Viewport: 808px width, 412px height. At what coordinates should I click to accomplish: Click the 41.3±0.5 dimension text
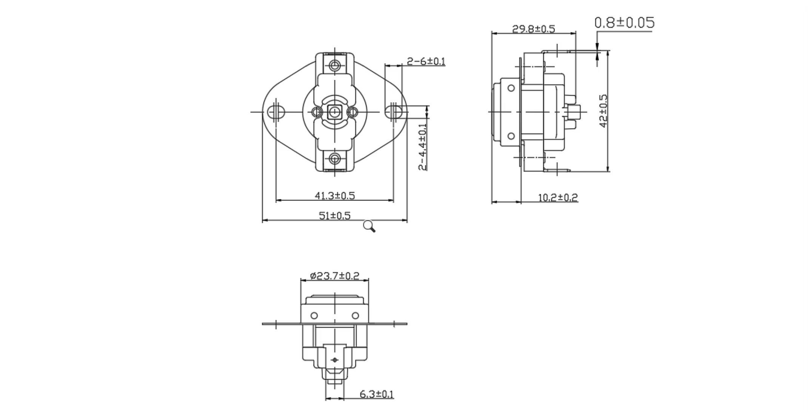(335, 195)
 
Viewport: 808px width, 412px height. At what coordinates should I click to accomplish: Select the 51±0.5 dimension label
(335, 215)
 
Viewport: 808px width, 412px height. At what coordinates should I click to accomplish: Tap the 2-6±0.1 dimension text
(426, 61)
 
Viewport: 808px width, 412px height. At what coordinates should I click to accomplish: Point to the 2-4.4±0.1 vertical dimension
(423, 147)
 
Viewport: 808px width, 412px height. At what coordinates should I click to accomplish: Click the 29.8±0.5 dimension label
(534, 29)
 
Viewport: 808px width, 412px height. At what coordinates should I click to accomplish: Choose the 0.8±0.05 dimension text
(624, 23)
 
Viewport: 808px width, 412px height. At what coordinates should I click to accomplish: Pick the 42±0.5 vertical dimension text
(603, 111)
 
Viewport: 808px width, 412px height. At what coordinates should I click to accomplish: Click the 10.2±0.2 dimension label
(558, 197)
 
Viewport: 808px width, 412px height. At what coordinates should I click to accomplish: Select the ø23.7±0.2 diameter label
(334, 276)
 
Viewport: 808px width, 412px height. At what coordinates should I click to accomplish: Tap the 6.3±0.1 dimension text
(376, 395)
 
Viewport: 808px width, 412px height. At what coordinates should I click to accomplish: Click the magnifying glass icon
(369, 226)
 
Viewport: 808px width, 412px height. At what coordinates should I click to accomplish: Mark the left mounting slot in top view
(276, 112)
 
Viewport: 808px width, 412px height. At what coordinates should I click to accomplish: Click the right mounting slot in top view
(394, 111)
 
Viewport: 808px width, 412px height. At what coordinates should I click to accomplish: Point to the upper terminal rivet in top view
(335, 65)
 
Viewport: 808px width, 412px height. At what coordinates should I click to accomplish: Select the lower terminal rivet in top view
(335, 158)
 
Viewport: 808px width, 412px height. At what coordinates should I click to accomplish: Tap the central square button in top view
(334, 112)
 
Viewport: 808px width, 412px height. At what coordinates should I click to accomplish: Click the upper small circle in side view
(511, 88)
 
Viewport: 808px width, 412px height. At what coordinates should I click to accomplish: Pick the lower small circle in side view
(511, 136)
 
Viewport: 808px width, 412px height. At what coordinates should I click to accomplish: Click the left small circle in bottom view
(314, 315)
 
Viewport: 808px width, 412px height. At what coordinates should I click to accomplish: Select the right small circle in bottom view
(355, 315)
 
